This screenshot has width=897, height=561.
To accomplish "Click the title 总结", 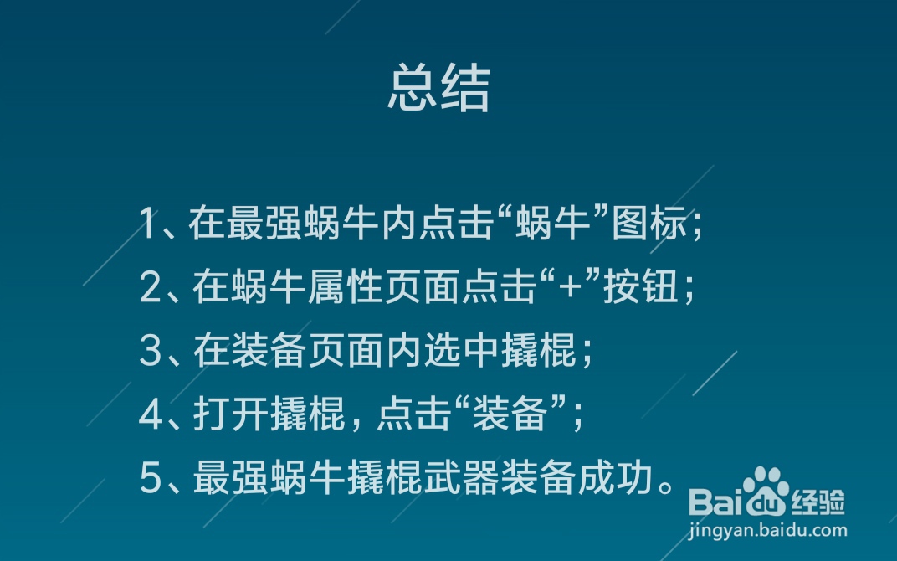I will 438,87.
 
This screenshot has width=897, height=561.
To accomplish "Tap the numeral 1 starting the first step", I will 148,224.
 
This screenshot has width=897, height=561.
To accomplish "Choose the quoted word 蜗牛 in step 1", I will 548,224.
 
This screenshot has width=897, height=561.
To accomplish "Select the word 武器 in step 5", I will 452,478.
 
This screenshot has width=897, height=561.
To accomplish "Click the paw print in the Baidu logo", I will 763,489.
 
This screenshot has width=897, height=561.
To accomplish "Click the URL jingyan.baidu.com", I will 768,530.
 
